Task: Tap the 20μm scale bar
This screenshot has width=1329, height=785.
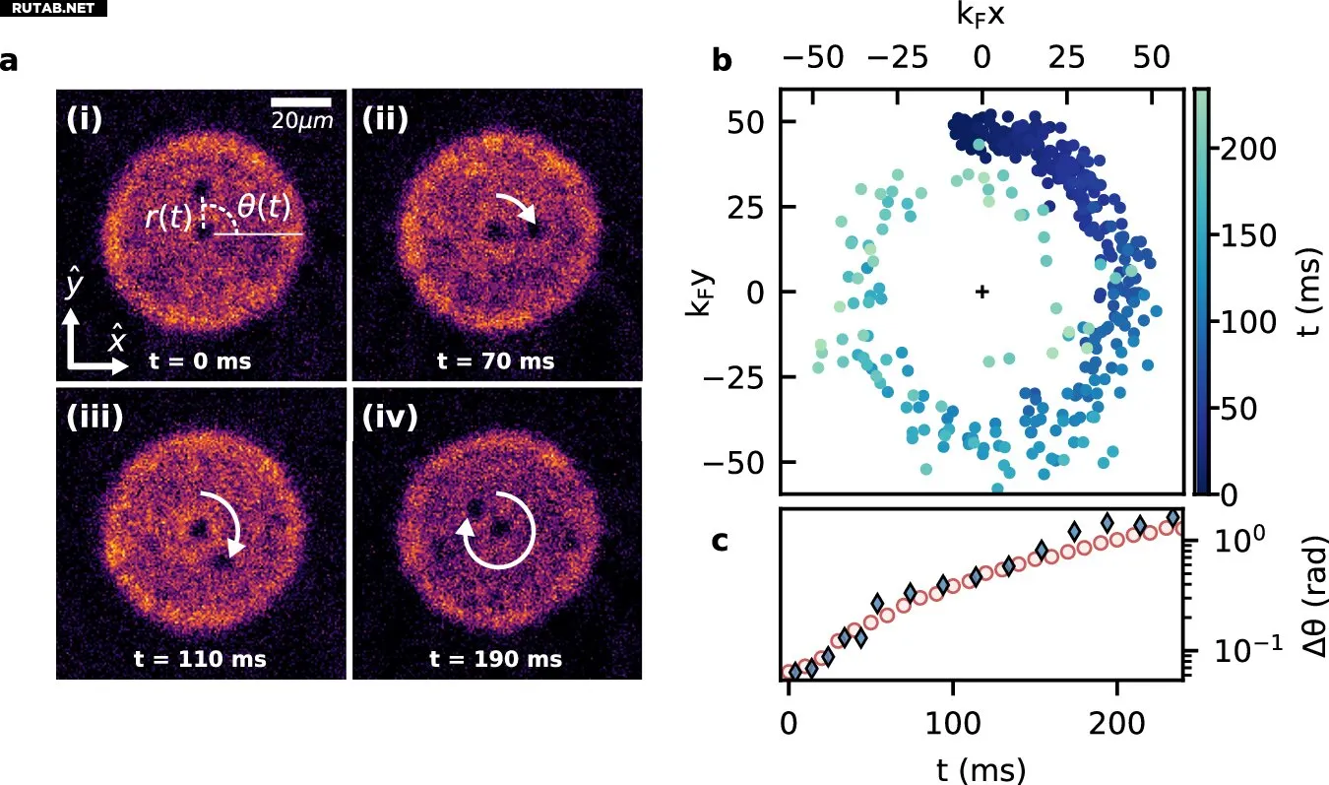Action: (301, 101)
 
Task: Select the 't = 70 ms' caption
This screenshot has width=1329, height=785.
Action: (496, 360)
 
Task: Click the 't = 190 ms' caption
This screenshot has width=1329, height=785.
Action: (496, 659)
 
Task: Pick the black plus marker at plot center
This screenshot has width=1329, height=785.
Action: (981, 292)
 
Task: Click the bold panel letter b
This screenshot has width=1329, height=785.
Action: (722, 61)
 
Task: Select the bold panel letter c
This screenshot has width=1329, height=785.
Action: (721, 540)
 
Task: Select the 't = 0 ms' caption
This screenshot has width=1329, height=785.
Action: (200, 360)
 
